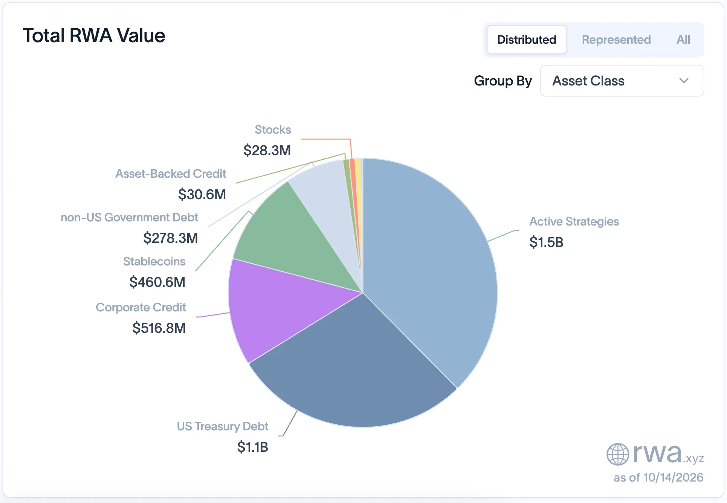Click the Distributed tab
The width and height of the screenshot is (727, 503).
[x=527, y=40]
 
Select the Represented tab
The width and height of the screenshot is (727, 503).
[x=616, y=40]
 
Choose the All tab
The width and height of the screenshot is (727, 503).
[x=683, y=40]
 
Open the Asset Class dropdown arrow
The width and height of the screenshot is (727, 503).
[x=684, y=81]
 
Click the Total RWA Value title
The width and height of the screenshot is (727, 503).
[x=94, y=36]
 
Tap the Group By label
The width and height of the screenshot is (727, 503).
[x=503, y=81]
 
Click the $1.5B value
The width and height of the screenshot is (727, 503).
[x=546, y=242]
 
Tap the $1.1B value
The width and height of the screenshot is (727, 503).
[x=252, y=447]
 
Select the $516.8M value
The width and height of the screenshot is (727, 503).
[x=159, y=328]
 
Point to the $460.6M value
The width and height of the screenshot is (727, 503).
[x=157, y=282]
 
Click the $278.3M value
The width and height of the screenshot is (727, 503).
[x=171, y=238]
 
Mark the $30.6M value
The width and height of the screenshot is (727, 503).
[x=202, y=194]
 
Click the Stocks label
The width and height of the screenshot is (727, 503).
[x=273, y=130]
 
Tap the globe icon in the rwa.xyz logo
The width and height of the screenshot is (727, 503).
[x=618, y=454]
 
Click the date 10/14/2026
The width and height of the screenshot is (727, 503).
[x=673, y=477]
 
